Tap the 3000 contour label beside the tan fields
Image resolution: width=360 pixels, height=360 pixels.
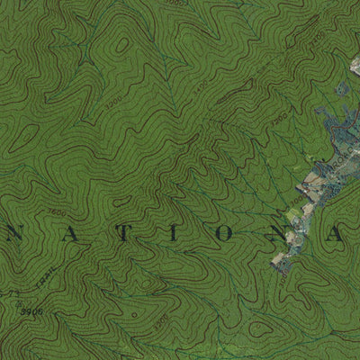pyautogui.click(x=280, y=117)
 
